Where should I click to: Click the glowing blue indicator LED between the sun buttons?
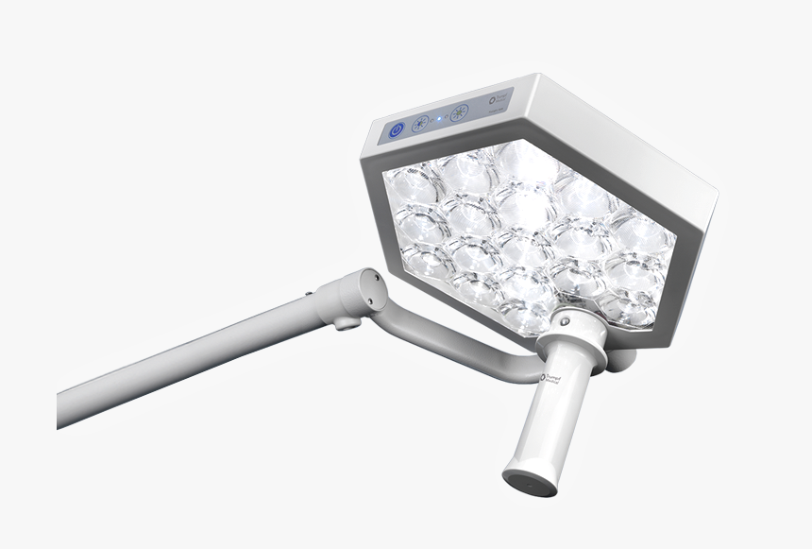pos(440,119)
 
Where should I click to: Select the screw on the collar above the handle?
pos(565,322)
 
